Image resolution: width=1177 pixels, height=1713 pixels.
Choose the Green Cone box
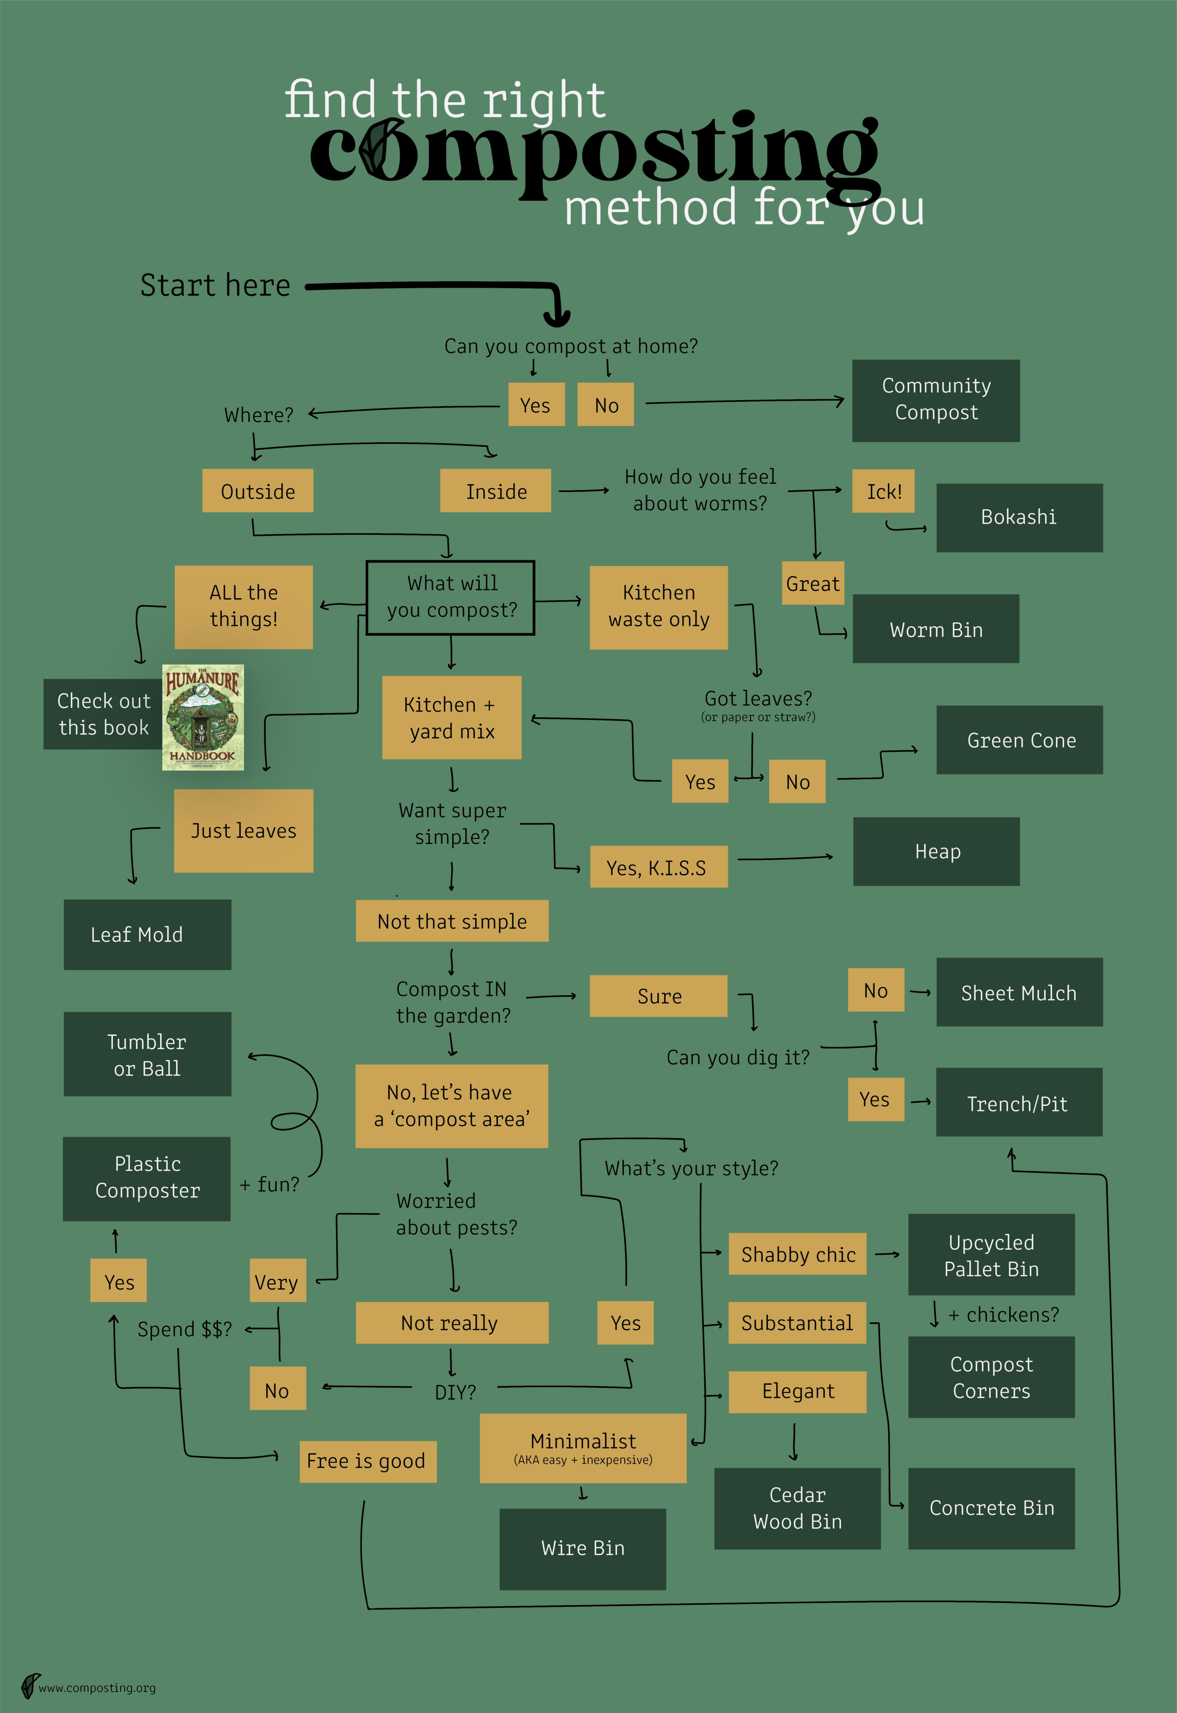[1019, 740]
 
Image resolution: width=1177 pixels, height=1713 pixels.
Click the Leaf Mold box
[147, 934]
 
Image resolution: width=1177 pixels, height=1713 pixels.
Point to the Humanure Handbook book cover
[203, 718]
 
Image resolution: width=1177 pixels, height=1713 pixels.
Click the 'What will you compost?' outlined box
[450, 598]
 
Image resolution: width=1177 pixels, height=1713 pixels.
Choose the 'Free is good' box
[367, 1461]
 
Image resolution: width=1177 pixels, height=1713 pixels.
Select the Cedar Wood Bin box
[797, 1508]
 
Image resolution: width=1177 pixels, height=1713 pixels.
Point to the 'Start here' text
[215, 285]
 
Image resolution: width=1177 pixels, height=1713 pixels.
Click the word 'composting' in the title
[594, 151]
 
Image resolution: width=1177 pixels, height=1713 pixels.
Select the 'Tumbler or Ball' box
[147, 1054]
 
